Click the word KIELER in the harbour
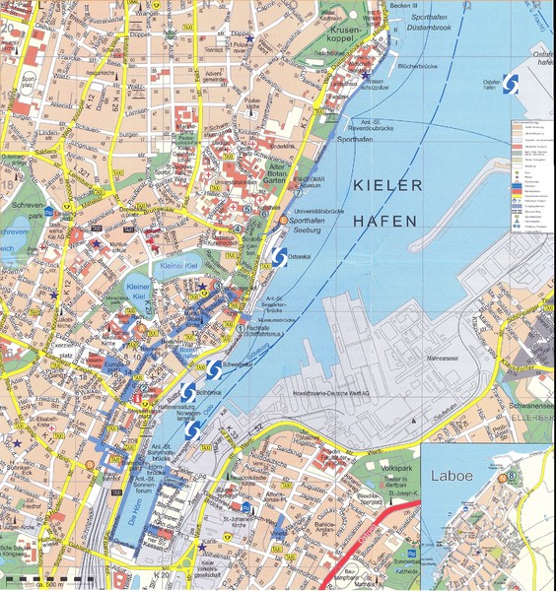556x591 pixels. click(x=386, y=184)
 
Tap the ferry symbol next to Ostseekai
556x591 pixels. click(x=279, y=256)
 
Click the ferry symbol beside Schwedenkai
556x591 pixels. click(x=212, y=368)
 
